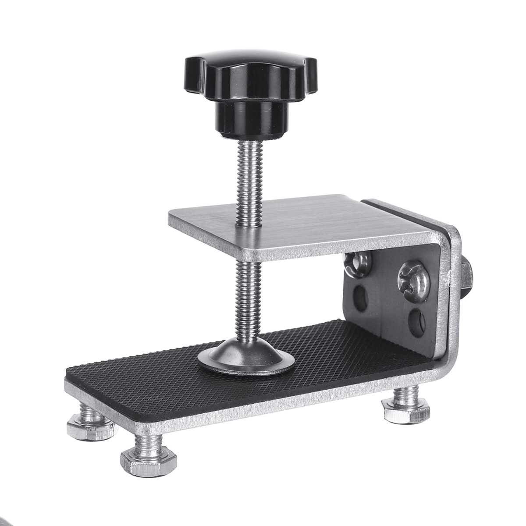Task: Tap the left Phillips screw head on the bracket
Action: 358,265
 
